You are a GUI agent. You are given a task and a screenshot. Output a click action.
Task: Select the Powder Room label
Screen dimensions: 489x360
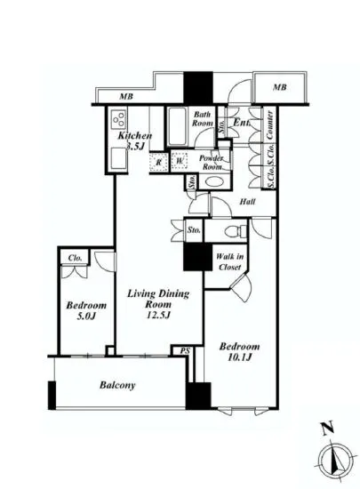pyautogui.click(x=211, y=162)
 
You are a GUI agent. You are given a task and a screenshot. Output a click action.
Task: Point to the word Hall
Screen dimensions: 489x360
pyautogui.click(x=248, y=202)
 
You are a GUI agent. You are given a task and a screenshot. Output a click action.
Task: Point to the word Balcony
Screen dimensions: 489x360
pyautogui.click(x=116, y=385)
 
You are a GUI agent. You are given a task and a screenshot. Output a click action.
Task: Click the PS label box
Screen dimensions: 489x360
pyautogui.click(x=183, y=350)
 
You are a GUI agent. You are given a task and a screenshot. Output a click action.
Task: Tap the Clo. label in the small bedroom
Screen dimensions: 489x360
pyautogui.click(x=74, y=259)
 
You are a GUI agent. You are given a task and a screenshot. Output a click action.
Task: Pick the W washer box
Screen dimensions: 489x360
pyautogui.click(x=180, y=161)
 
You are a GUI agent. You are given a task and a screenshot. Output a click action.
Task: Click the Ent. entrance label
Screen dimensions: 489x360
pyautogui.click(x=241, y=124)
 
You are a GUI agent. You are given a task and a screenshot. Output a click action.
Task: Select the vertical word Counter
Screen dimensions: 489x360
pyautogui.click(x=267, y=130)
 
